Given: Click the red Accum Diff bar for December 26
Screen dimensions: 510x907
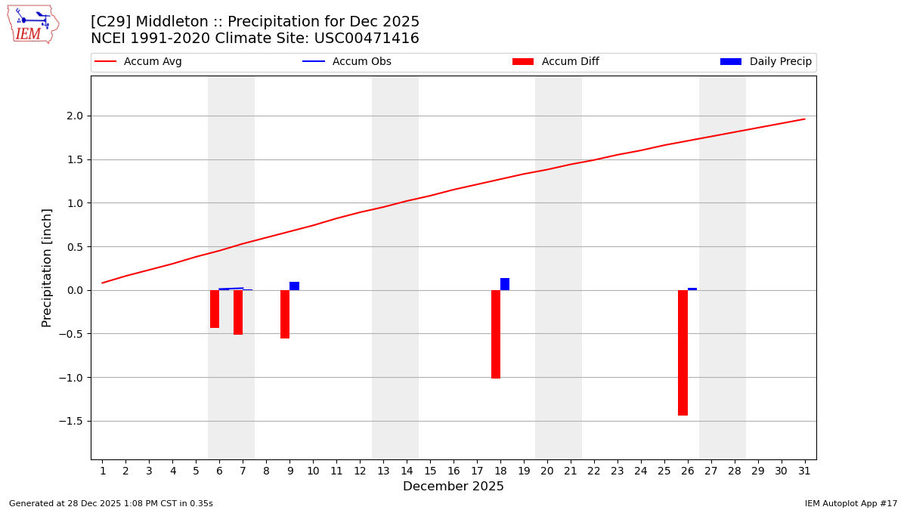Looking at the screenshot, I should [x=683, y=352].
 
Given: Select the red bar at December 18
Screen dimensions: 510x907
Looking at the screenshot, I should [x=496, y=334].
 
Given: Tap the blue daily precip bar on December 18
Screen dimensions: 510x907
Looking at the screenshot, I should [x=505, y=284].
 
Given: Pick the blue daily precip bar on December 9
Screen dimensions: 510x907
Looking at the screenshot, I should [x=294, y=286].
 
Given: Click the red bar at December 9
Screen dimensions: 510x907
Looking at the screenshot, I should [x=285, y=314].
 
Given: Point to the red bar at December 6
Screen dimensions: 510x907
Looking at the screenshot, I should [x=215, y=308].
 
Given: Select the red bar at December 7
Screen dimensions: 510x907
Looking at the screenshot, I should [x=238, y=312].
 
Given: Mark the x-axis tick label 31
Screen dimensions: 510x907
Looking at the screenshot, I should [x=804, y=471].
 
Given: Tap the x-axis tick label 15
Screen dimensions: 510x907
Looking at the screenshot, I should [x=430, y=471].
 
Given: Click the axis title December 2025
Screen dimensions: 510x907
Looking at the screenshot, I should [x=453, y=487].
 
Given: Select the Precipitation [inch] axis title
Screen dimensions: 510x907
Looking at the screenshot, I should [x=47, y=267].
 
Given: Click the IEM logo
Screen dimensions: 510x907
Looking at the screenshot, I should [x=33, y=24].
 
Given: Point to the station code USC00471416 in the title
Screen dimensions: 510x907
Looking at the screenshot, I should [x=367, y=39].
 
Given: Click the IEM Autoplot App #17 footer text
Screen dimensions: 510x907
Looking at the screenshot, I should [x=850, y=503].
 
